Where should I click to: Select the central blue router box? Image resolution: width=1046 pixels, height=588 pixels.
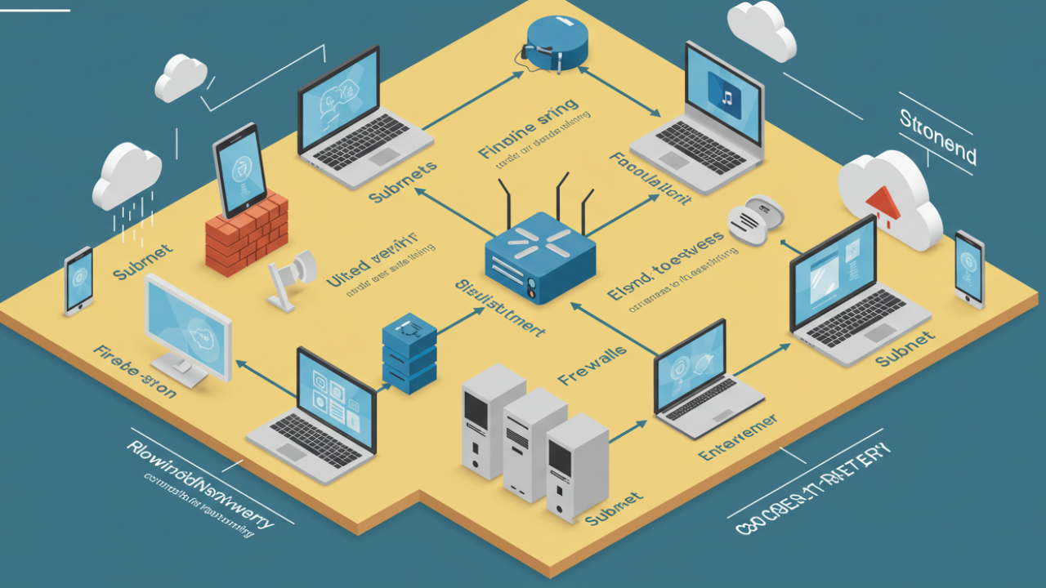[x=539, y=256]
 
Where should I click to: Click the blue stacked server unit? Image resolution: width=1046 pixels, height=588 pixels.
[x=409, y=353]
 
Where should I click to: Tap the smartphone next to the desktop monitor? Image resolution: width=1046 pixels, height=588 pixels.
[x=79, y=280]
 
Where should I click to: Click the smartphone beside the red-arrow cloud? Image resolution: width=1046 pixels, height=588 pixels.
[x=969, y=269]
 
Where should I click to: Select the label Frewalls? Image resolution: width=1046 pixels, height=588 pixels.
[x=592, y=364]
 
